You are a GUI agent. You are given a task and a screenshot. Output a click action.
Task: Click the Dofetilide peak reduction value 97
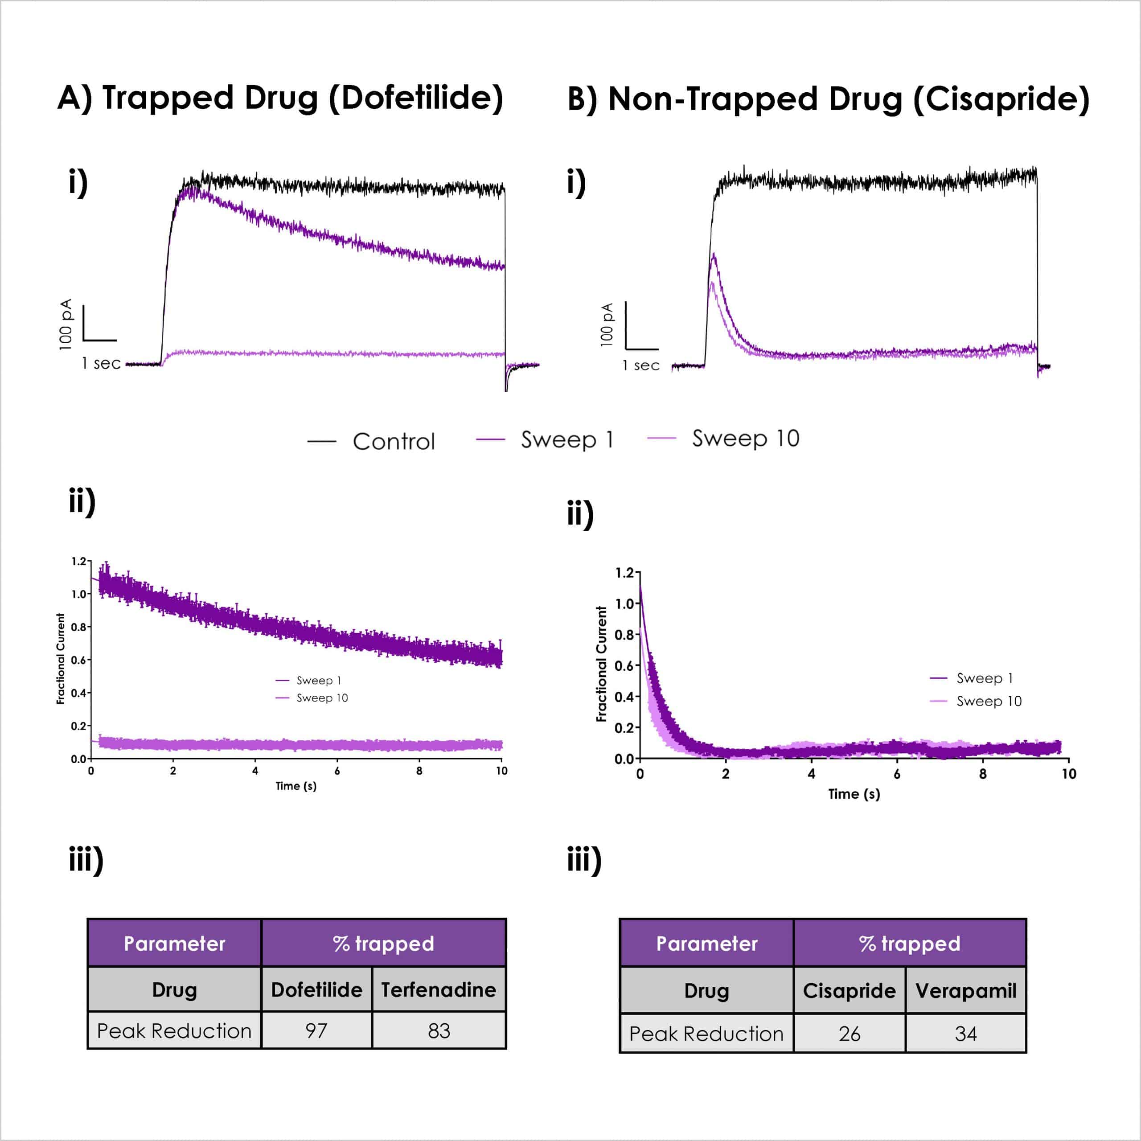tap(316, 1030)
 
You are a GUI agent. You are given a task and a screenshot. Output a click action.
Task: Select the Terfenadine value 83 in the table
tap(439, 1030)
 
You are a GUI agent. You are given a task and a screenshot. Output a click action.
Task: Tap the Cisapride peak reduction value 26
tap(849, 1034)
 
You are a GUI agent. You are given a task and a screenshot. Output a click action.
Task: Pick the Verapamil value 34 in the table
tap(965, 1034)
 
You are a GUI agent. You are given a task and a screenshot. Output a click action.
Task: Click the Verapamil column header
tap(965, 990)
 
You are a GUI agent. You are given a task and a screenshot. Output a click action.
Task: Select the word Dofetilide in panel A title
tap(415, 98)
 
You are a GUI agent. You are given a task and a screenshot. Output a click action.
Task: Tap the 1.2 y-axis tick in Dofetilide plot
tap(78, 561)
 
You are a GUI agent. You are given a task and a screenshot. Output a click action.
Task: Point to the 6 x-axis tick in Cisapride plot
tap(896, 774)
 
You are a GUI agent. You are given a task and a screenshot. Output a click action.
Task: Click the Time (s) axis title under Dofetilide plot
tap(296, 786)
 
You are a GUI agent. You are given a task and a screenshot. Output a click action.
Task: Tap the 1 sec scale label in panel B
tap(641, 365)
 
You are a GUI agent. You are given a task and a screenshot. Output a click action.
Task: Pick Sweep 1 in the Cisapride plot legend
tap(985, 678)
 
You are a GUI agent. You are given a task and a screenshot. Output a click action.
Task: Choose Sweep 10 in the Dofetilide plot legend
tap(322, 698)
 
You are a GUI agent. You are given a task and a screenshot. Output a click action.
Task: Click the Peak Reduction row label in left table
tap(174, 1030)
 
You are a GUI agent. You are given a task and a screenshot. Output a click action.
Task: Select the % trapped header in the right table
tap(910, 943)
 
